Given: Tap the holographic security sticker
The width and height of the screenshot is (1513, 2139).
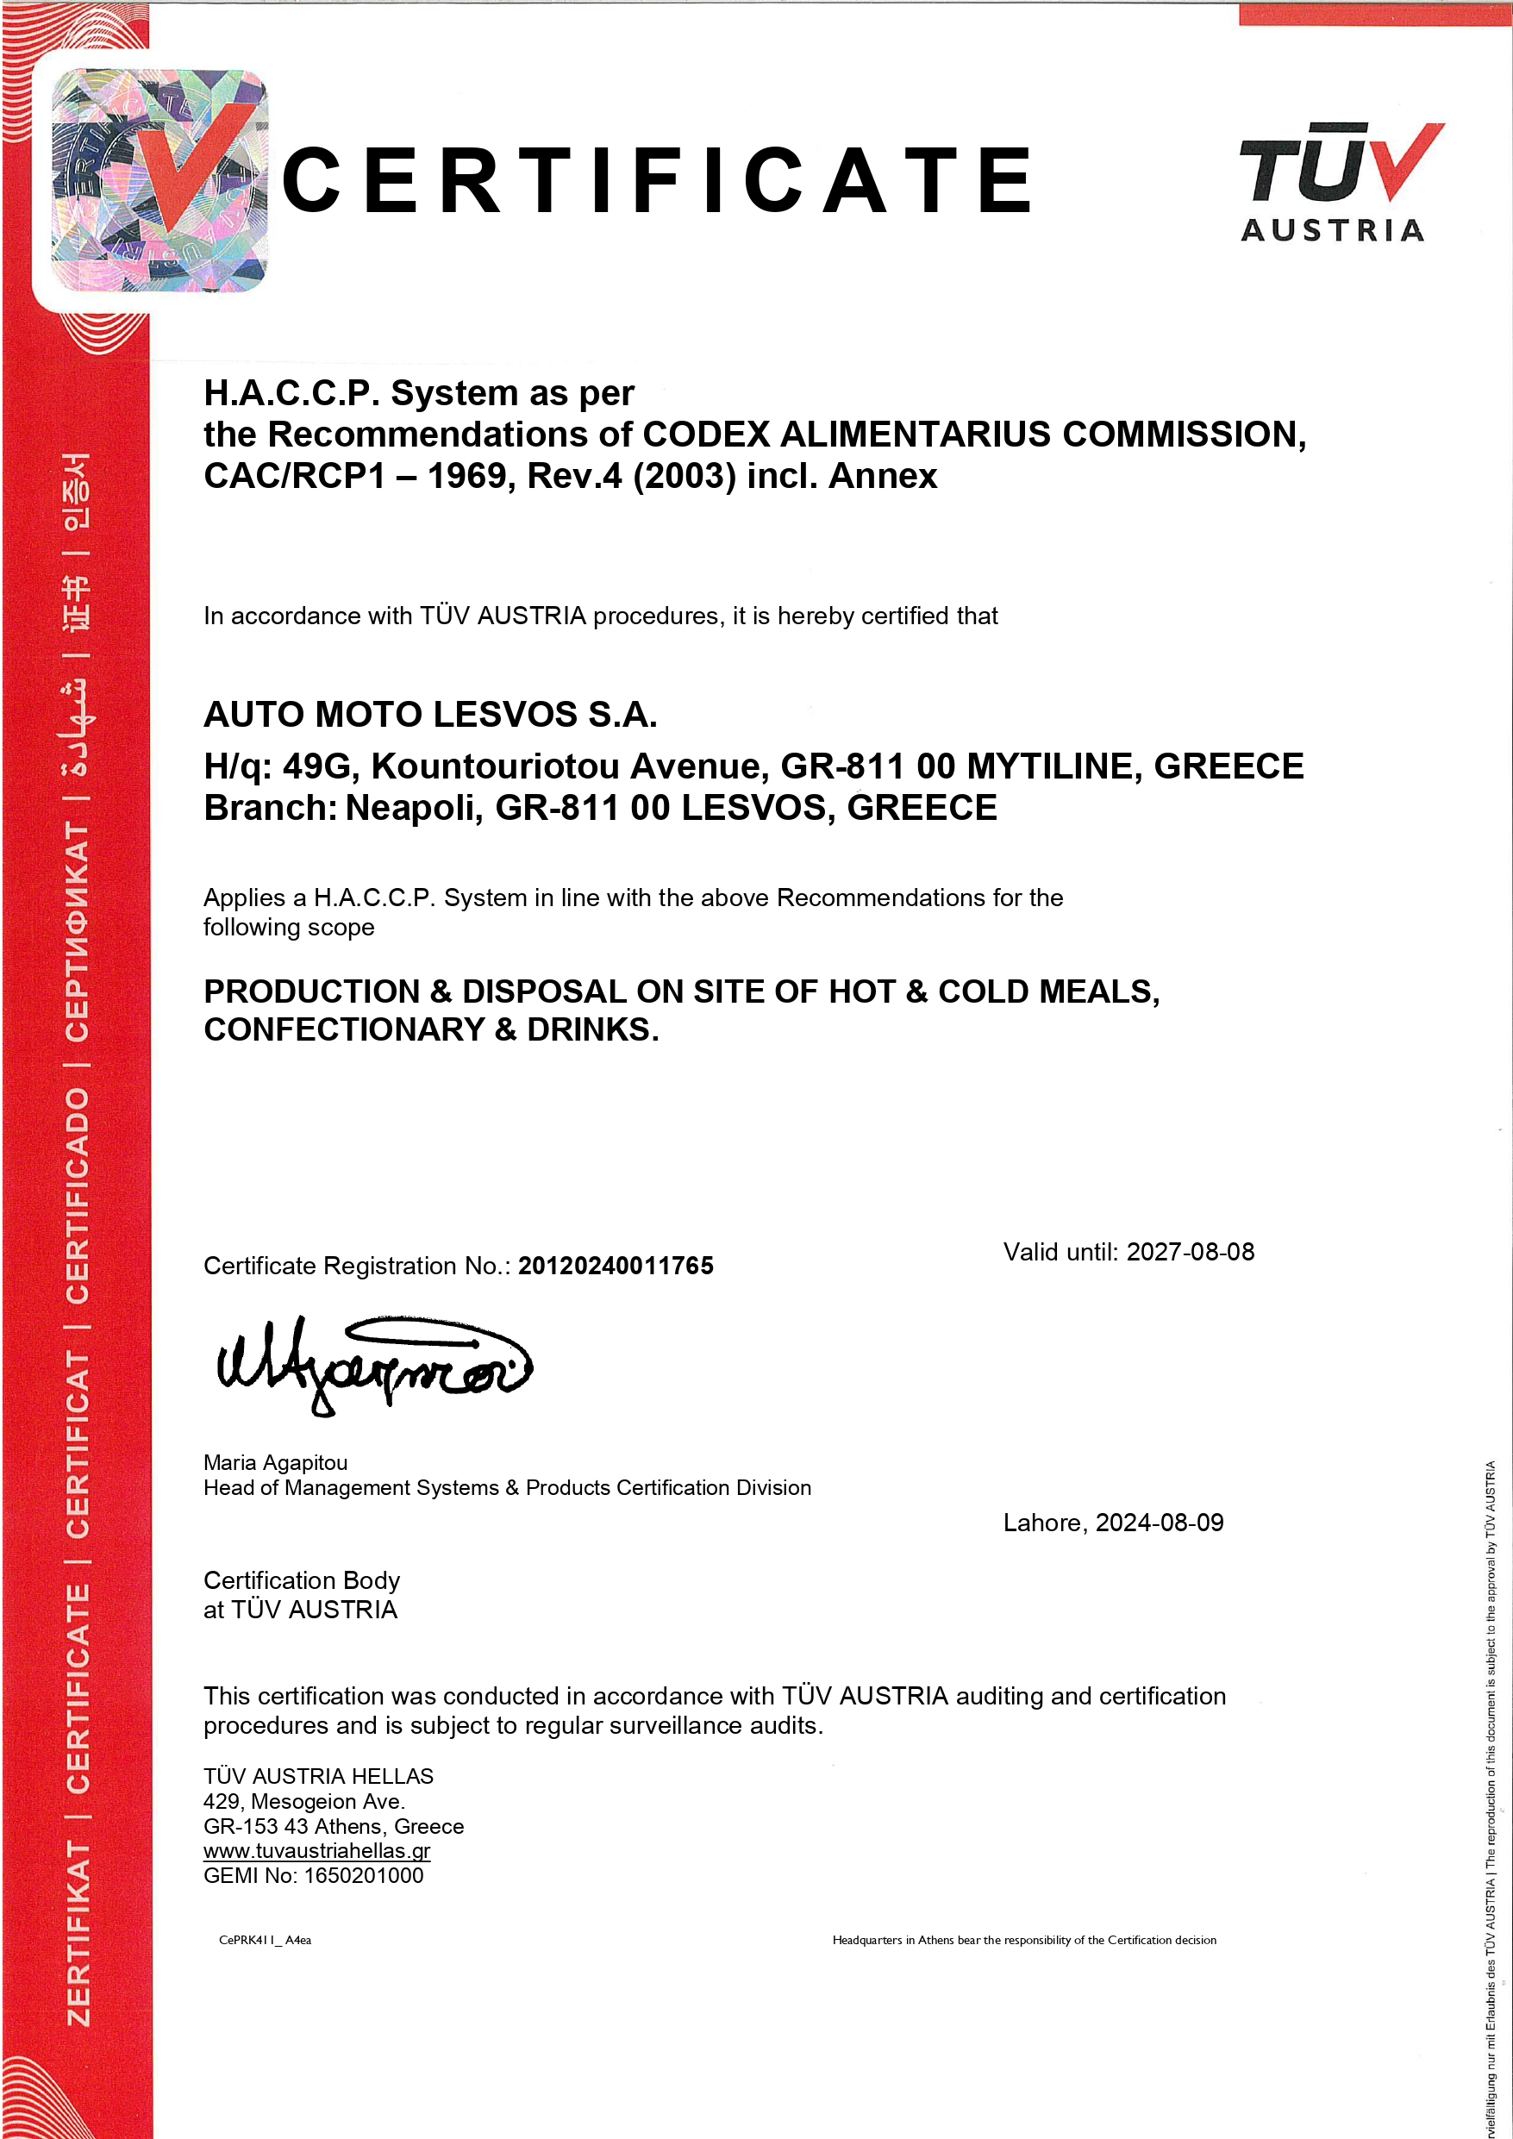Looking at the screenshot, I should click(x=159, y=181).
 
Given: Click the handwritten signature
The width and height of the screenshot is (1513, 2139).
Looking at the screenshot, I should click(x=372, y=1366).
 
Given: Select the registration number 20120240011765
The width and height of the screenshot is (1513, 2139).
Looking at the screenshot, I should click(x=616, y=1265).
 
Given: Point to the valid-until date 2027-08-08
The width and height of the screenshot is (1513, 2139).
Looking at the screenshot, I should click(x=1190, y=1251).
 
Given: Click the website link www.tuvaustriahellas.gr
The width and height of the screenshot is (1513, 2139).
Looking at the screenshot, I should click(x=316, y=1850).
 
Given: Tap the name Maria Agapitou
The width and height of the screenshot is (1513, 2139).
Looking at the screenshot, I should click(x=275, y=1461).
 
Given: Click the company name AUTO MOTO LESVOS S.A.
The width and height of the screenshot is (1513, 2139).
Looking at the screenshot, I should click(x=430, y=715).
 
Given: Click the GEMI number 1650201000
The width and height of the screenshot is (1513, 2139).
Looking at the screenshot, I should click(x=363, y=1875).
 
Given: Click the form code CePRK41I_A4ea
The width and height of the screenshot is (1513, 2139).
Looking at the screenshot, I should click(x=265, y=1940).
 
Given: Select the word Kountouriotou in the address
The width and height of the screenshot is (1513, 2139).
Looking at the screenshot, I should click(x=496, y=766).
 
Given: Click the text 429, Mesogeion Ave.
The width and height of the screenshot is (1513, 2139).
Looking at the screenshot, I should click(x=303, y=1801).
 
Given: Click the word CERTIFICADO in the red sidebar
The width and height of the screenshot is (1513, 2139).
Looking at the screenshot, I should click(x=78, y=1194).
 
